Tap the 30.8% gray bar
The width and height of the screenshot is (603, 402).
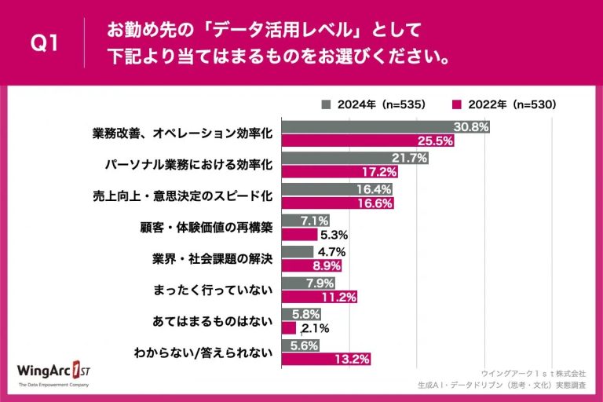[x=386, y=126]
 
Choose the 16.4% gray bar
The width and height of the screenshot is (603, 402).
[x=336, y=189]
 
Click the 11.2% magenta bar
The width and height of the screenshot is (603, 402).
[x=319, y=297]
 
